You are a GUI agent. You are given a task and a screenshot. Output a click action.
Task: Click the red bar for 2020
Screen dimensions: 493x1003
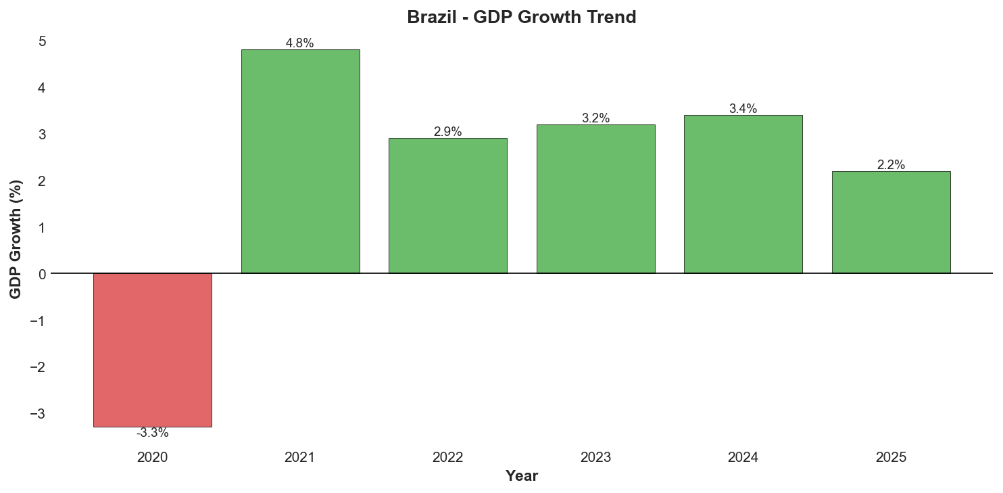point(152,350)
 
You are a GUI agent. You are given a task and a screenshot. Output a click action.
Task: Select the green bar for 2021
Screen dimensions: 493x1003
point(300,161)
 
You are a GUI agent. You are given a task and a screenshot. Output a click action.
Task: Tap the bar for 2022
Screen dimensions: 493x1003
point(447,206)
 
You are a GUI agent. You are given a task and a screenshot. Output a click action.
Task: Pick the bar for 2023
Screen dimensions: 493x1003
point(595,199)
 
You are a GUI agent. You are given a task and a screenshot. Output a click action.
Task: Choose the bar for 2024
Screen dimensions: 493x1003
point(743,194)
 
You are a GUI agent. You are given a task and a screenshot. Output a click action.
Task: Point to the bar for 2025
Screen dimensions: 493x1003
point(891,222)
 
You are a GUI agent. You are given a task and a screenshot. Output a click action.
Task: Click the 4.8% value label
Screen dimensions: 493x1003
point(300,43)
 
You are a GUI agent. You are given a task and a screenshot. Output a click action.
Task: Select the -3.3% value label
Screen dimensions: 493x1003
point(152,433)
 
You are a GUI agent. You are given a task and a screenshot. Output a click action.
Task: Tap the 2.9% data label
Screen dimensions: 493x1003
point(447,132)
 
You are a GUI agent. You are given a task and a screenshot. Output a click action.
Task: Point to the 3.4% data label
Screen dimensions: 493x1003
point(743,109)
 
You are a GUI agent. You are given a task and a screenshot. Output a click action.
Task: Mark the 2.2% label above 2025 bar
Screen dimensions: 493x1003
point(891,165)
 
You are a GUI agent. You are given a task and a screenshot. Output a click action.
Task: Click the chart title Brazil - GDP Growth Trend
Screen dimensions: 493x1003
point(521,18)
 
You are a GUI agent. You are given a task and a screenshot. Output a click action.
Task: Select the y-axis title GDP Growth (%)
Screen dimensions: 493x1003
point(16,239)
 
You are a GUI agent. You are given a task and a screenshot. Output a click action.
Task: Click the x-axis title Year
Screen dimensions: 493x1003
point(521,476)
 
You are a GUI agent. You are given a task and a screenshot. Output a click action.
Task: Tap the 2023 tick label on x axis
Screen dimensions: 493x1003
point(595,458)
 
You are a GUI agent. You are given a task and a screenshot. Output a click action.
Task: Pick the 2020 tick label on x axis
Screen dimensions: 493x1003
point(152,458)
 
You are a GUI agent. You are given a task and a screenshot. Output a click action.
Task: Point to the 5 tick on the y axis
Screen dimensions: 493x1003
point(42,41)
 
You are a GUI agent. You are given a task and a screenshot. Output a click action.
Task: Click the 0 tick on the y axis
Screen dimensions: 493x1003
point(42,274)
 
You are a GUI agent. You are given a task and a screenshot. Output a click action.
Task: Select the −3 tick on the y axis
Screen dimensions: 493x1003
point(38,413)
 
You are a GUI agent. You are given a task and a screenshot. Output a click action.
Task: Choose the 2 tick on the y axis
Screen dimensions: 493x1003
point(42,181)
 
